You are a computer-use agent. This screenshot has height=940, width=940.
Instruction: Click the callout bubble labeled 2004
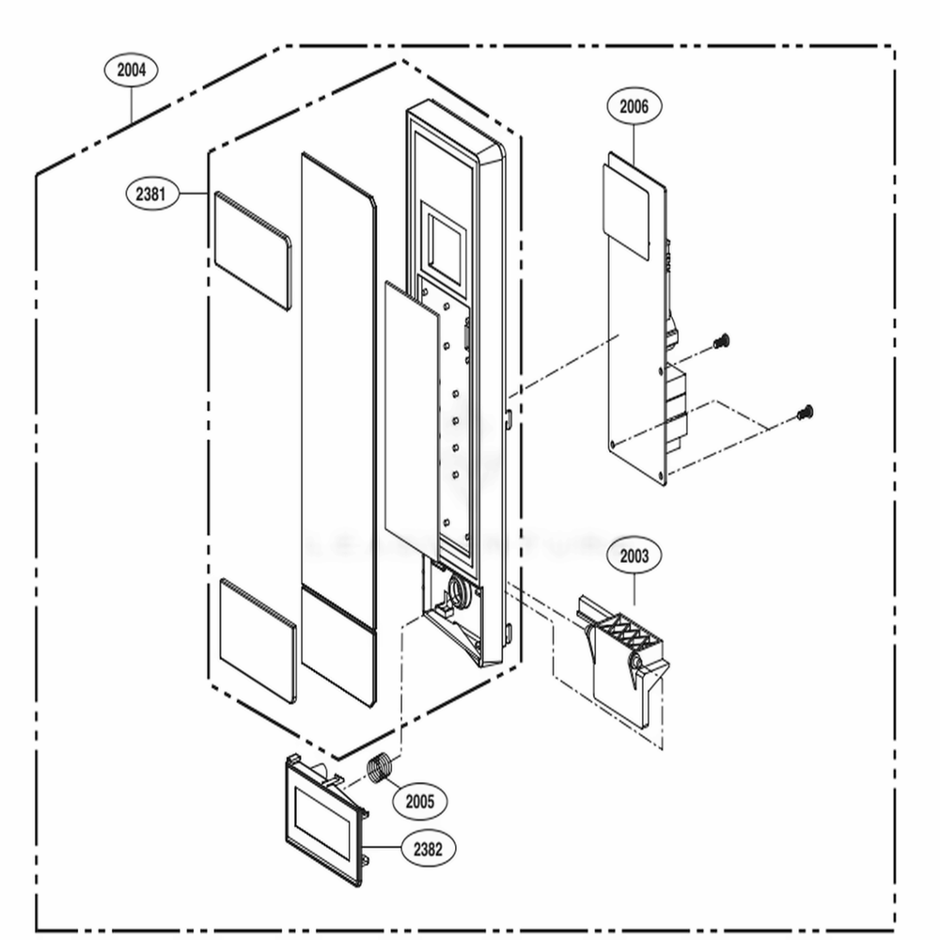[132, 70]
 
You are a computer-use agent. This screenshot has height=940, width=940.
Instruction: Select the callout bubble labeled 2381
[151, 194]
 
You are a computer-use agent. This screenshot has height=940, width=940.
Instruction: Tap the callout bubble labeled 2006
[634, 106]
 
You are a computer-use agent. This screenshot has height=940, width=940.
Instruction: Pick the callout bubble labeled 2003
[634, 556]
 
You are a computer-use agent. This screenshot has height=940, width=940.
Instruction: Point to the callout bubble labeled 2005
[420, 802]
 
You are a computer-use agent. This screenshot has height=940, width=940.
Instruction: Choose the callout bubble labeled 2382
[428, 849]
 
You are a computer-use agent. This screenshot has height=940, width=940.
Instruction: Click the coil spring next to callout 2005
[380, 768]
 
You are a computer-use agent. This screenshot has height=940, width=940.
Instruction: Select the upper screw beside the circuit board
[721, 342]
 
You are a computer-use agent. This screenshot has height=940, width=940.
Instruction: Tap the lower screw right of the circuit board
[805, 412]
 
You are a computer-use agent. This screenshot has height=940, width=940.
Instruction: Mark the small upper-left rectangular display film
[253, 250]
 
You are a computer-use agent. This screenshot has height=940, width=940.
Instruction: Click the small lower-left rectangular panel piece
[258, 640]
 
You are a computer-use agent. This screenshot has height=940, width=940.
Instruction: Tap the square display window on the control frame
[443, 240]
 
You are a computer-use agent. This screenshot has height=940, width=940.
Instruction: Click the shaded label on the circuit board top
[627, 208]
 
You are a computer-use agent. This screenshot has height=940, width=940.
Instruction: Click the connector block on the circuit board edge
[676, 404]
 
